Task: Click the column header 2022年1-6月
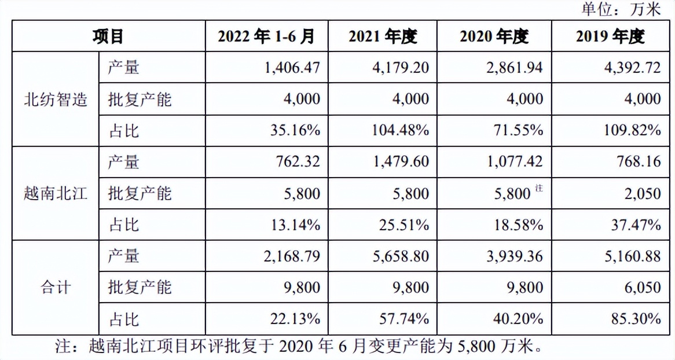[x=266, y=36]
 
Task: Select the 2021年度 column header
[x=383, y=36]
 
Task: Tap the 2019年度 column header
[x=610, y=36]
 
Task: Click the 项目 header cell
[x=108, y=36]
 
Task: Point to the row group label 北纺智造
[x=56, y=100]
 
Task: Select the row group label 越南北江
[x=56, y=193]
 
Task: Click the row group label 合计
[x=56, y=287]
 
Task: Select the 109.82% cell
[x=630, y=130]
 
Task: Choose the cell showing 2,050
[x=643, y=193]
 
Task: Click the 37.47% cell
[x=633, y=225]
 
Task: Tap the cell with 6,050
[x=643, y=287]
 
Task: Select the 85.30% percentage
[x=633, y=318]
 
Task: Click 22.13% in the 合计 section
[x=295, y=318]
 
